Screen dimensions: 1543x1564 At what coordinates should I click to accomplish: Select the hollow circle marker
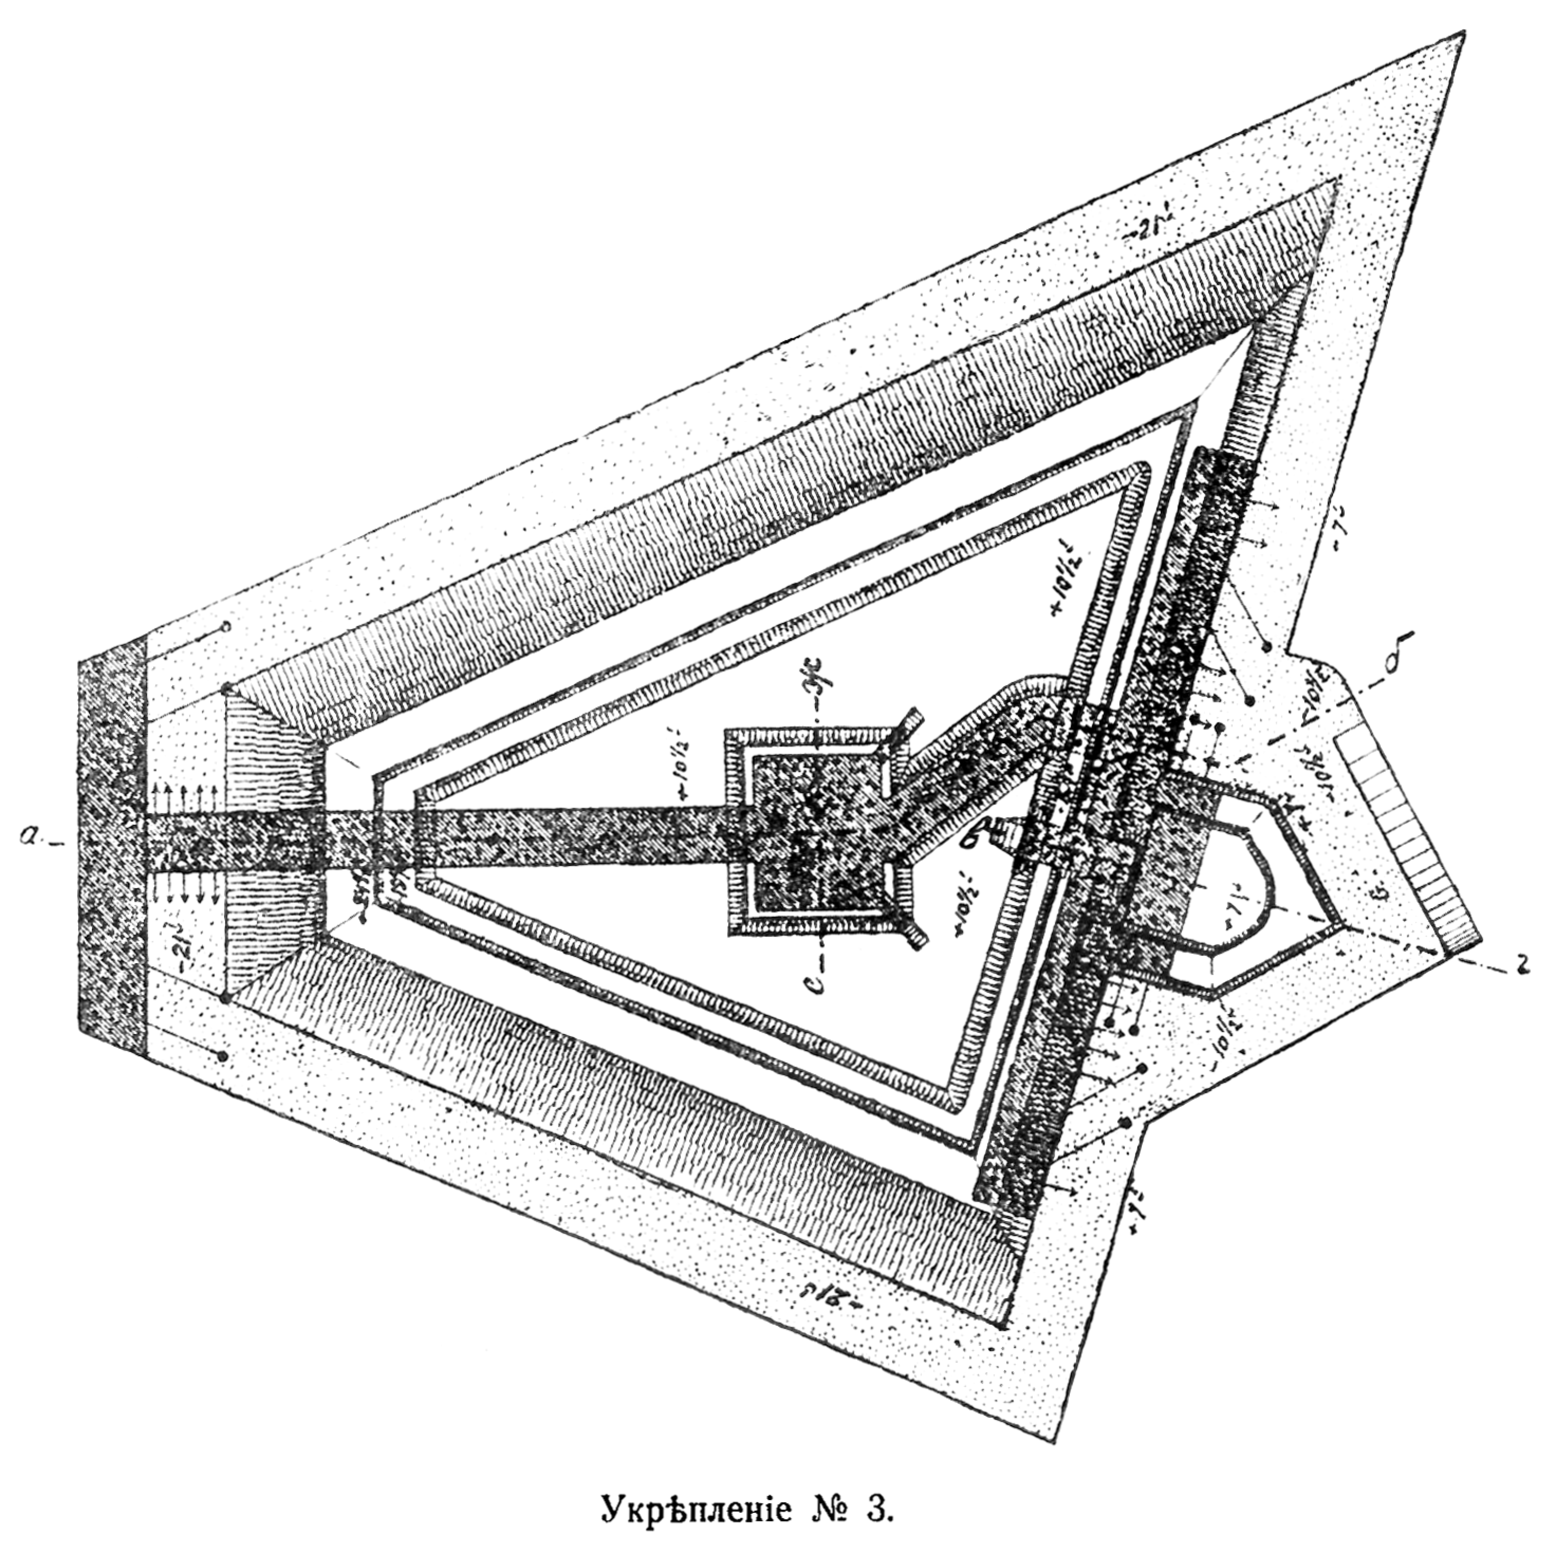coord(227,627)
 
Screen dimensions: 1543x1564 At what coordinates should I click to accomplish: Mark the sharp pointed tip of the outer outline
coord(1463,34)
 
